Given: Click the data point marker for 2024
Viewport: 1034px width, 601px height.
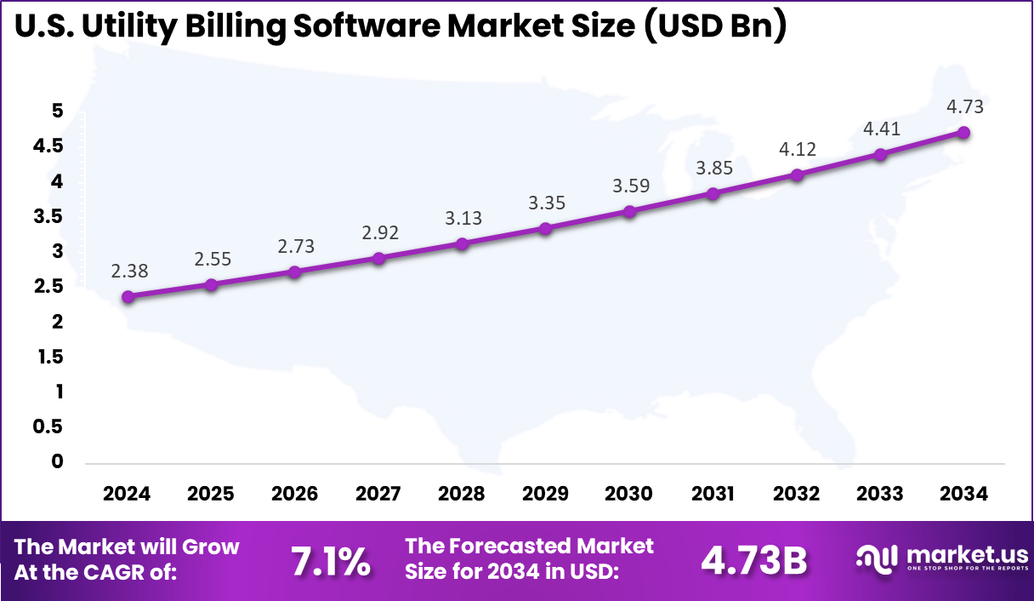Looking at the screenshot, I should pyautogui.click(x=128, y=297).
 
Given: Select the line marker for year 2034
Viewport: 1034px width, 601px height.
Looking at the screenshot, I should pyautogui.click(x=963, y=132).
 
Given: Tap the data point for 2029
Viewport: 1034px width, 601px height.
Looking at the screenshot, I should pyautogui.click(x=546, y=228).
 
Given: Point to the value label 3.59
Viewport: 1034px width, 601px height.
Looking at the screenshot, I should pyautogui.click(x=629, y=186).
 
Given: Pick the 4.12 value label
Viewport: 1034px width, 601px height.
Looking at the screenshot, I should pyautogui.click(x=797, y=149).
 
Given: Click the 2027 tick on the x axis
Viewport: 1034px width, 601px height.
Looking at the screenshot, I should pyautogui.click(x=378, y=494).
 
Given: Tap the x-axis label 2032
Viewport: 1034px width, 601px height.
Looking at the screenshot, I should pyautogui.click(x=797, y=494).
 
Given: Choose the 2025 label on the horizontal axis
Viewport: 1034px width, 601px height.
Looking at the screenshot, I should pyautogui.click(x=211, y=494).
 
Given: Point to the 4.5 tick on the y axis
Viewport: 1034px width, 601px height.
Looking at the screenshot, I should pyautogui.click(x=48, y=146).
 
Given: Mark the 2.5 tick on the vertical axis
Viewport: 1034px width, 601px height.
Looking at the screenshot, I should pyautogui.click(x=48, y=287).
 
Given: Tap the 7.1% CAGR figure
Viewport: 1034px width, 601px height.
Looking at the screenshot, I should pyautogui.click(x=331, y=560).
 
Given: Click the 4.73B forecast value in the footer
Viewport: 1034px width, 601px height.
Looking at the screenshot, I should pyautogui.click(x=753, y=560).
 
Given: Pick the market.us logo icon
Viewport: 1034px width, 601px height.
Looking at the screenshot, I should pyautogui.click(x=877, y=558).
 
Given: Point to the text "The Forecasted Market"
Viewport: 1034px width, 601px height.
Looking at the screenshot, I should pyautogui.click(x=530, y=546).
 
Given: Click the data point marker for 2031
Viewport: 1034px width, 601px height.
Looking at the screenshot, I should pyautogui.click(x=713, y=193).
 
